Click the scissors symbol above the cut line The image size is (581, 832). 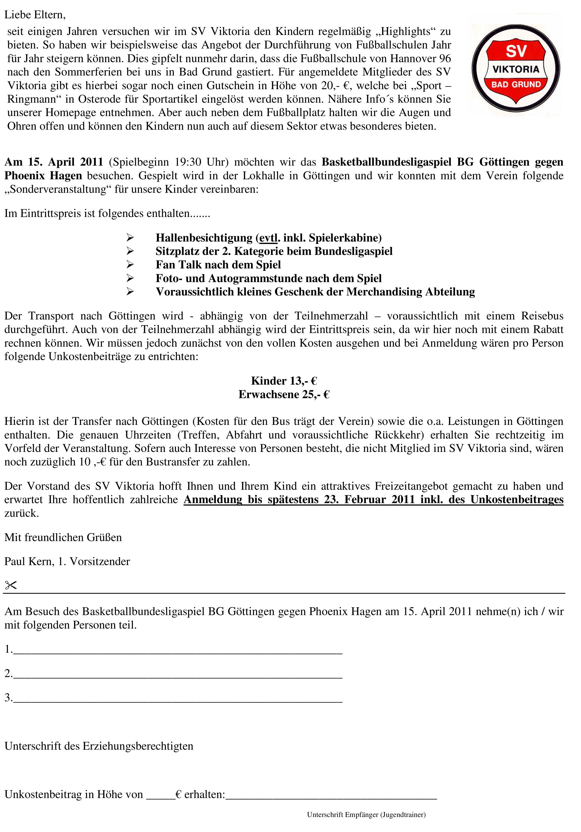pos(11,585)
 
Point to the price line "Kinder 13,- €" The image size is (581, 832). pos(284,381)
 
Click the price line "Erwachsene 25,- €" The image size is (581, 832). pos(284,394)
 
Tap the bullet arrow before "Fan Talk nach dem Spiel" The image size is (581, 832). pos(130,265)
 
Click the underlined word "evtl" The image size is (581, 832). pos(268,238)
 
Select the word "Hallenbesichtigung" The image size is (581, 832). pos(204,238)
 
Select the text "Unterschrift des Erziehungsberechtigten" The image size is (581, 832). pos(99,746)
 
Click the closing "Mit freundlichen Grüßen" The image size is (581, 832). pos(63,537)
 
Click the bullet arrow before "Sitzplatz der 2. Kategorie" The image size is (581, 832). pos(130,251)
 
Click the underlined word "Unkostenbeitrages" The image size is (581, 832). pos(517,500)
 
